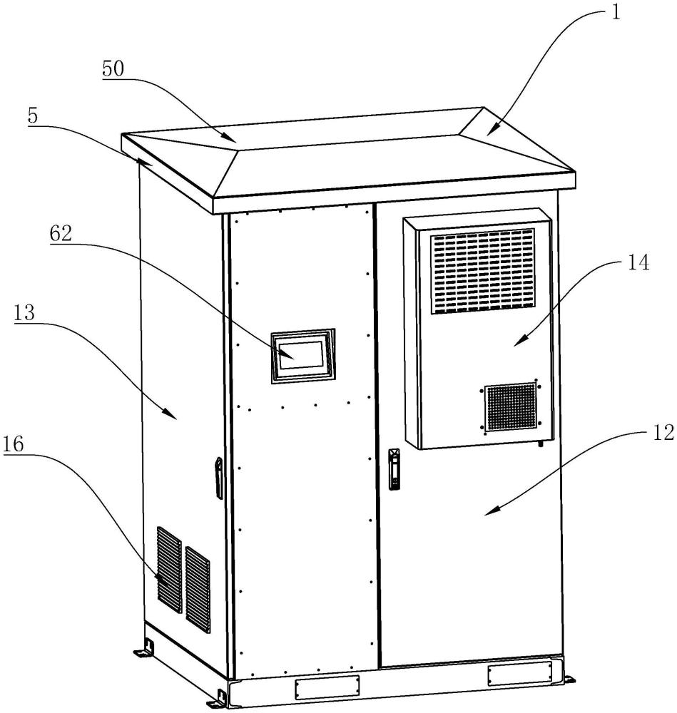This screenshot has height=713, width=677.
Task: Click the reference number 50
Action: (113, 68)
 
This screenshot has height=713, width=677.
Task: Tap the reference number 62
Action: (61, 234)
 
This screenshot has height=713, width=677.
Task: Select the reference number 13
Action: (24, 313)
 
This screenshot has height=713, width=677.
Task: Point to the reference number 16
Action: (13, 443)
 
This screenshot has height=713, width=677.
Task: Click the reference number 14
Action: (638, 263)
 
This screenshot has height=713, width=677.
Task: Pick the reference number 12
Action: (663, 433)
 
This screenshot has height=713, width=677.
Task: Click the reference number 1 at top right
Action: (615, 12)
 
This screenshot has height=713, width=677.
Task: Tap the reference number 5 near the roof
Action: (33, 116)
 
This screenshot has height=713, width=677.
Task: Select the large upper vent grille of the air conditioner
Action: (482, 271)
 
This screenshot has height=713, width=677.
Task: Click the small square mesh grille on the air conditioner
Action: (511, 407)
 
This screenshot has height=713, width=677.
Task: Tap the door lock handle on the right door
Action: (394, 469)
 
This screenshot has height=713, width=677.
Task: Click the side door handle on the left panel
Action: (219, 478)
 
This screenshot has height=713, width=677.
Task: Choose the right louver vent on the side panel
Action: (198, 590)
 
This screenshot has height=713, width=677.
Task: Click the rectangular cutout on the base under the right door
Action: (519, 674)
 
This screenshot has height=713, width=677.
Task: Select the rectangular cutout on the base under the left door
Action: (327, 686)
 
